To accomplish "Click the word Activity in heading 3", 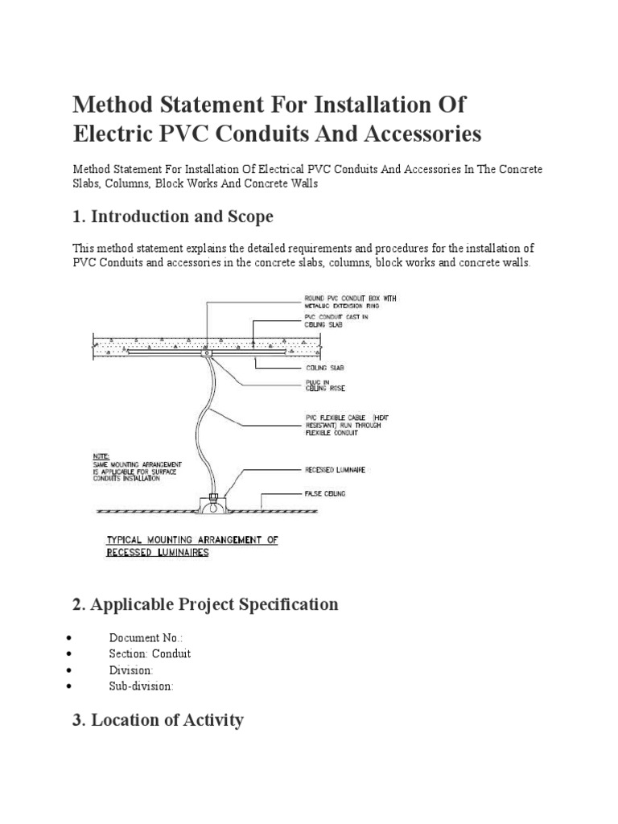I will [x=206, y=720].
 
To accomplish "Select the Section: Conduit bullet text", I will [x=150, y=653].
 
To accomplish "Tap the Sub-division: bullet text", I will [x=141, y=686].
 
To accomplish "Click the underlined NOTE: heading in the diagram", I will [x=103, y=454].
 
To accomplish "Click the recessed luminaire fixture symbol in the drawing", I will [x=213, y=505].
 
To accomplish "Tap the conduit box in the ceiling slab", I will [x=207, y=352].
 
